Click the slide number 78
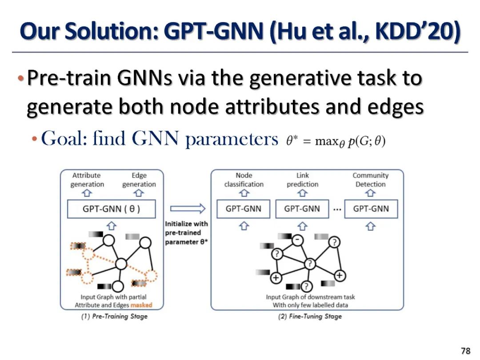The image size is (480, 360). click(x=465, y=351)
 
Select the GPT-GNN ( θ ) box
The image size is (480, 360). click(x=112, y=209)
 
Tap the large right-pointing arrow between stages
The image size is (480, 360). click(x=188, y=208)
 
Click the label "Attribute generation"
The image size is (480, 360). click(x=87, y=180)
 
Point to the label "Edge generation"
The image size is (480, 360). click(x=139, y=180)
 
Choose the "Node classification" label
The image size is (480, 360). click(x=244, y=180)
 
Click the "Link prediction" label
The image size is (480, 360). click(x=302, y=180)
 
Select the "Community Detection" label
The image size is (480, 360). click(x=370, y=180)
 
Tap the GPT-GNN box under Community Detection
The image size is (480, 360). click(x=371, y=209)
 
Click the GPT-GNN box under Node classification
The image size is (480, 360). click(x=244, y=209)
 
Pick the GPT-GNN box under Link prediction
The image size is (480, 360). click(x=302, y=209)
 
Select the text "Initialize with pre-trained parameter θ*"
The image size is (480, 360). click(x=186, y=233)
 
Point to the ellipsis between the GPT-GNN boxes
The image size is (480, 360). click(x=337, y=209)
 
